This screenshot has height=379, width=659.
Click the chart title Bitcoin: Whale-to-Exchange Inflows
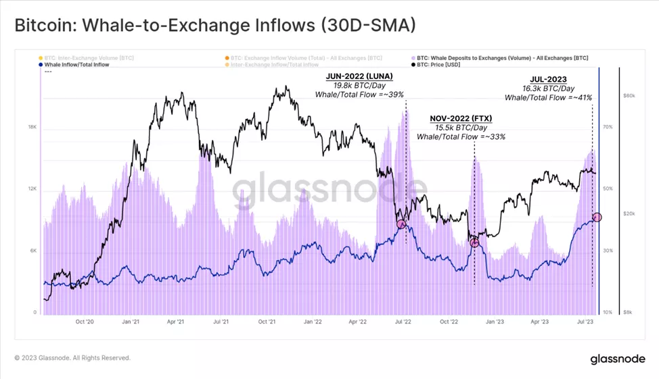tap(215, 26)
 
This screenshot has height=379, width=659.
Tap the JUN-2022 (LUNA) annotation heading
tap(359, 76)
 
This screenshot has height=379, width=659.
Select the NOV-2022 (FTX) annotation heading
tap(461, 118)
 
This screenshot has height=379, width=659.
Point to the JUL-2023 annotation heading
tap(548, 80)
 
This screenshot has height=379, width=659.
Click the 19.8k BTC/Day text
tap(359, 86)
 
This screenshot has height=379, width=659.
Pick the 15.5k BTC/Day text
tap(461, 128)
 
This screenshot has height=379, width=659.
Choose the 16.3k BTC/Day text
tap(548, 89)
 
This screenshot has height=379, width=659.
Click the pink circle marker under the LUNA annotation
tap(401, 224)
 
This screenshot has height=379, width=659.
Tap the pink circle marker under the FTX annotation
tap(474, 242)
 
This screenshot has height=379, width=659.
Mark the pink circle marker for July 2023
tap(597, 217)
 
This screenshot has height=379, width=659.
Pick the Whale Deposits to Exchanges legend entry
tap(501, 58)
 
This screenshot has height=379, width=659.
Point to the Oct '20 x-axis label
tap(85, 322)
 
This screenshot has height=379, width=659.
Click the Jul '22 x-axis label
tap(403, 322)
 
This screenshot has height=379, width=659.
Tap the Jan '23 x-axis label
tap(494, 322)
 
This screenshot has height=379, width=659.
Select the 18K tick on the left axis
tap(32, 127)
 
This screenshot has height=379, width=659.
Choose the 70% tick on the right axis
tap(608, 127)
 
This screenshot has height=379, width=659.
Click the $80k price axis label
tap(629, 96)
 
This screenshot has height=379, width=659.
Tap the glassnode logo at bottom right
tap(617, 359)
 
